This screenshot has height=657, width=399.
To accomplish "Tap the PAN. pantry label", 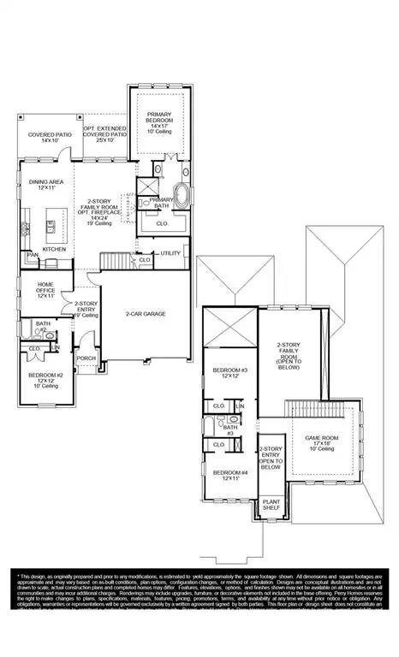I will (x=33, y=255).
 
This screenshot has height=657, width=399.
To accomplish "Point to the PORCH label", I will (x=86, y=359).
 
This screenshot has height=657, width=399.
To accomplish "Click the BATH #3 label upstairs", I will (x=230, y=430).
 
